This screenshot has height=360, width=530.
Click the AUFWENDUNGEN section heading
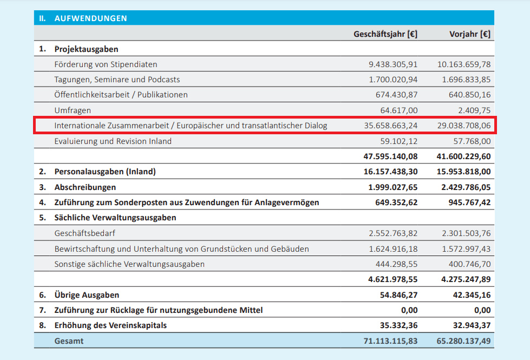[x=90, y=18]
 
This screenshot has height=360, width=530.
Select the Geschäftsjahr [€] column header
[x=385, y=34]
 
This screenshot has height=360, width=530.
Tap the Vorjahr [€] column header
[x=470, y=34]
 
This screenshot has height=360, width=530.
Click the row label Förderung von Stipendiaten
[x=106, y=64]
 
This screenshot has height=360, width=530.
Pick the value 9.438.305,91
[x=393, y=64]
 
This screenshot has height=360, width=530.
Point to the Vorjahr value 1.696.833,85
[x=464, y=80]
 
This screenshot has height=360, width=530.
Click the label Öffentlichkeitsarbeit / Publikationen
[x=121, y=95]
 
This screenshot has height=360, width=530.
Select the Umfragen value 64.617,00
[x=400, y=110]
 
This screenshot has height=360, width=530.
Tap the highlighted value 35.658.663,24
[x=391, y=126]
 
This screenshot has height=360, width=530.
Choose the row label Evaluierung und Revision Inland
[x=113, y=141]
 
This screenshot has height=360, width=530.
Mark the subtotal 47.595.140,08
[x=390, y=156]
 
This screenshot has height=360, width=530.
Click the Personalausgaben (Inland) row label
[x=105, y=172]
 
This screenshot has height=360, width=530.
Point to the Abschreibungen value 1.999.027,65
[x=393, y=187]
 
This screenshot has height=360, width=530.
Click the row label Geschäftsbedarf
[x=85, y=234]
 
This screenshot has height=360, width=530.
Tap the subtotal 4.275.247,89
[x=466, y=280]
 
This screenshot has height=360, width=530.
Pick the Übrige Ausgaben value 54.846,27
[x=400, y=295]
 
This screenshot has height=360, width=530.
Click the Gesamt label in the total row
[x=69, y=341]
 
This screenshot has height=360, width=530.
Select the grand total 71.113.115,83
[x=390, y=341]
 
